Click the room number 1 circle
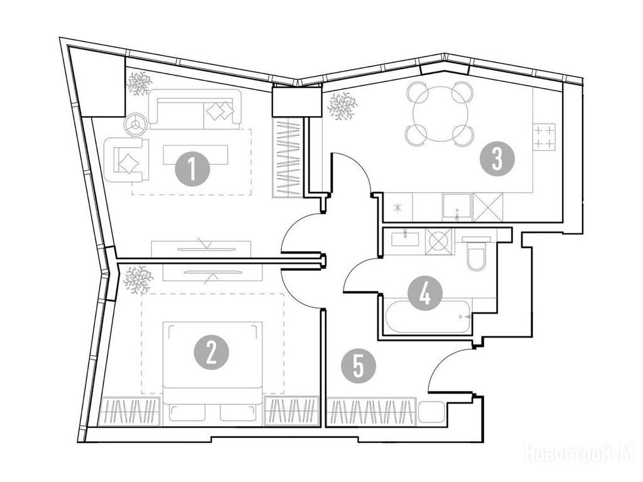point(192,169)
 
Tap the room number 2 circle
point(211,353)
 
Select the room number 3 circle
point(497,159)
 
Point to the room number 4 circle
point(425,293)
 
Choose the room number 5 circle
point(359,366)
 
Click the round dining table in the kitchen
point(439,114)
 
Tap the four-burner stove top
point(544,136)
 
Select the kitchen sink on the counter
point(457,207)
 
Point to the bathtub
point(426,317)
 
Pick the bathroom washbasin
point(405,238)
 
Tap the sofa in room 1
point(195,109)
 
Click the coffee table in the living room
point(196,154)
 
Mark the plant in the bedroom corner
point(138,279)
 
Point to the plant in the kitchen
point(342,106)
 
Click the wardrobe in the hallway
point(372,412)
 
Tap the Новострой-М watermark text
point(580,454)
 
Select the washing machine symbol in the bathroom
point(439,242)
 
